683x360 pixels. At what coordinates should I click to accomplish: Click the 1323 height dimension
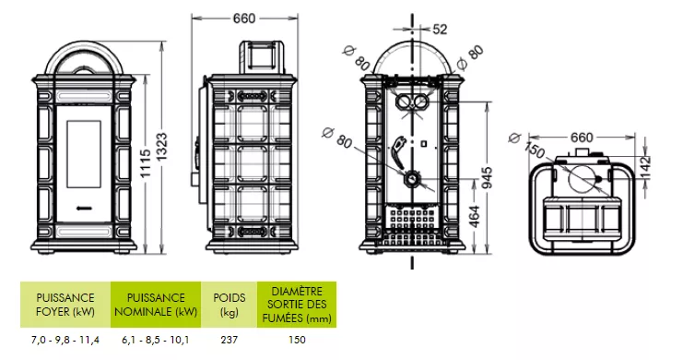pos(161,147)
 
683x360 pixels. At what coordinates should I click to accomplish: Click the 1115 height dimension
pos(146,163)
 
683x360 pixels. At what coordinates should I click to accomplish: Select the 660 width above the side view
pos(244,18)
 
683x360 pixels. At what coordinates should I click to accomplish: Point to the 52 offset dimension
pos(440,30)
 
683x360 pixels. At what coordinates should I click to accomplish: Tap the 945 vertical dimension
pos(488,178)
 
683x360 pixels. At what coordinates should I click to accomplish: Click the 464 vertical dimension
pos(475,217)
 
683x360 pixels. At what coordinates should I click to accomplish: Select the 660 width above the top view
pos(582,138)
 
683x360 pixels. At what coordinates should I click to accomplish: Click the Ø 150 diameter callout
pos(526,145)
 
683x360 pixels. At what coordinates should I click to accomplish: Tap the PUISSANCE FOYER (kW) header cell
pos(65,305)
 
